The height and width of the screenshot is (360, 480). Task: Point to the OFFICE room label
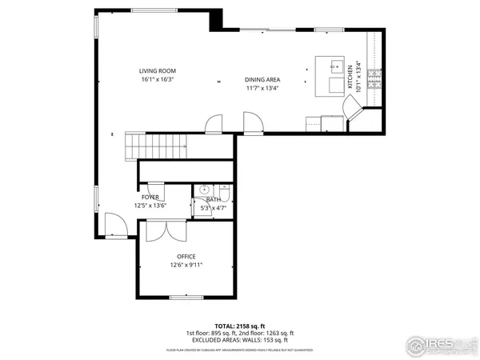(186, 256)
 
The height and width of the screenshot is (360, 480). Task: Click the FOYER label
(150, 197)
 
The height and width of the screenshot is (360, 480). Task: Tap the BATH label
(212, 199)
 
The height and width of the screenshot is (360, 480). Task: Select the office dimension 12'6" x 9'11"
(186, 265)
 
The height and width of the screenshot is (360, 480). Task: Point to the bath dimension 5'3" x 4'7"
(212, 207)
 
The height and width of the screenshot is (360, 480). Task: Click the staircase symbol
(156, 147)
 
